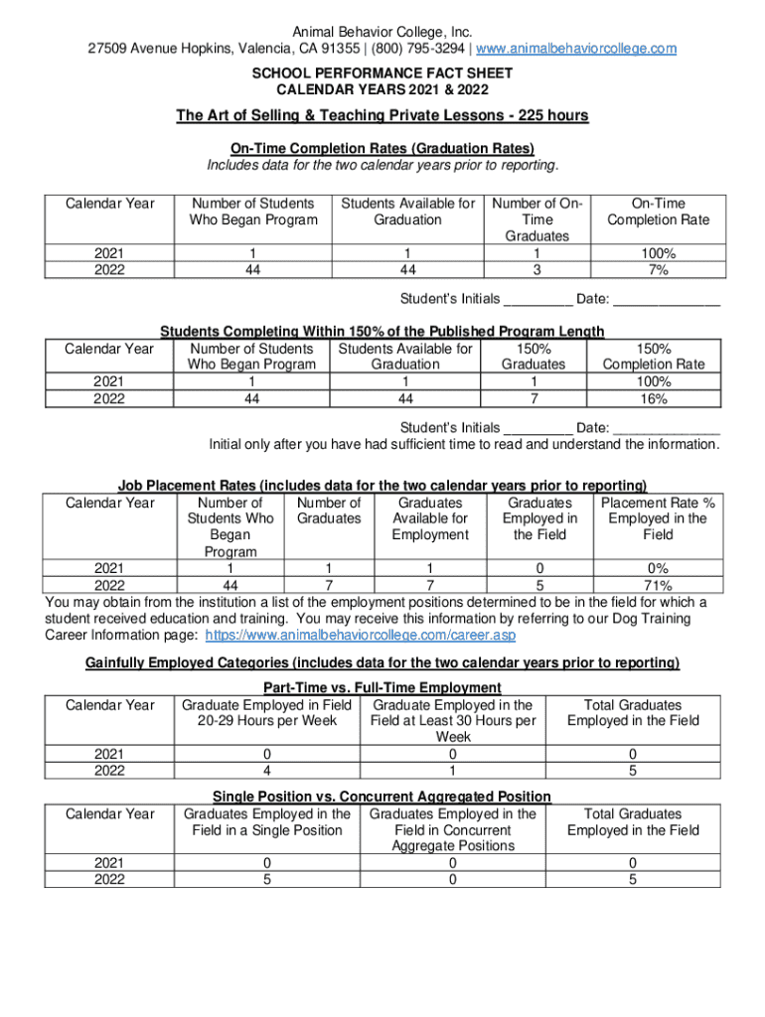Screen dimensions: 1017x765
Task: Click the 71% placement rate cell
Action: (x=657, y=584)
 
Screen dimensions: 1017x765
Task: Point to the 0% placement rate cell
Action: (x=657, y=568)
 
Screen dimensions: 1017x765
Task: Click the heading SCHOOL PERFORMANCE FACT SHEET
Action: (x=382, y=73)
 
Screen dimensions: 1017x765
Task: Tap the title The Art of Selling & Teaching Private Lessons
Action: (x=382, y=116)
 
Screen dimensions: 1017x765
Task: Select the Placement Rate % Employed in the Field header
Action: (x=657, y=518)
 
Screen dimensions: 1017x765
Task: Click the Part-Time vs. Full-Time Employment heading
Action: (x=382, y=687)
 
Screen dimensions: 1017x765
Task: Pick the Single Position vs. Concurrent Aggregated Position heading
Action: (x=382, y=797)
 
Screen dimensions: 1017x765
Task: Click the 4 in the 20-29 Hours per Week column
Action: (x=266, y=770)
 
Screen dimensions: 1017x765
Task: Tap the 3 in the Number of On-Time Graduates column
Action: (x=537, y=269)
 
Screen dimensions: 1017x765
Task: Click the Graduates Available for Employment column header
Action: (x=429, y=518)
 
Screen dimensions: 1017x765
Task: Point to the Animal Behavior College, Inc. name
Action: (x=382, y=32)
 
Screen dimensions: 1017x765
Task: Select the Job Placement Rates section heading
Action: (x=382, y=486)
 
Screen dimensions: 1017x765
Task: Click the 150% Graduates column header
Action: (x=534, y=357)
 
